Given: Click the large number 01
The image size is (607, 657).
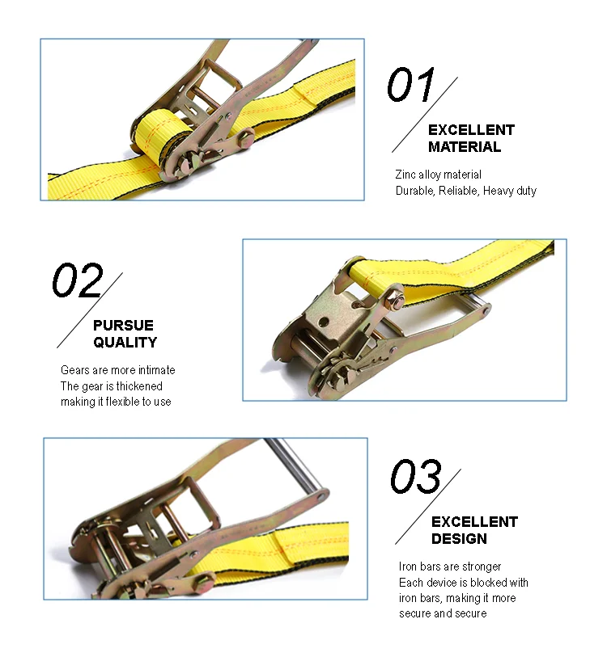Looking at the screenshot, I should [410, 86].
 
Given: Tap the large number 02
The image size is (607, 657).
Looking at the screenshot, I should [78, 281].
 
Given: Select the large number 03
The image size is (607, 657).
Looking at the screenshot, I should [416, 477].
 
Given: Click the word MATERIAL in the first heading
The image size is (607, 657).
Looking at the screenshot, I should [465, 147].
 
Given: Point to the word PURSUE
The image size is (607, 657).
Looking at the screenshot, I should [123, 326].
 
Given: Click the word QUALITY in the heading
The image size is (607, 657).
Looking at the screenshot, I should [125, 343].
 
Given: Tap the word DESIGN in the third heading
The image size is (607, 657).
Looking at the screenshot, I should [459, 539].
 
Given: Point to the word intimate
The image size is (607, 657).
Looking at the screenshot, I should [155, 370].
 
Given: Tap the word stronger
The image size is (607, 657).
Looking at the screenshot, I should [482, 566].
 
